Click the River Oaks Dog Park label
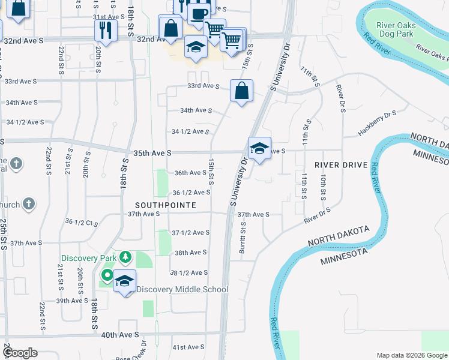[x=395, y=30]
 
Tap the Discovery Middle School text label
[x=182, y=289]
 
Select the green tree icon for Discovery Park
[x=125, y=257]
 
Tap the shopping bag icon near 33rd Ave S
[x=241, y=91]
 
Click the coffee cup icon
[x=199, y=13]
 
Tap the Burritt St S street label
[x=243, y=237]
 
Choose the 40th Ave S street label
[x=120, y=334]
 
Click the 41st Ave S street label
[x=188, y=347]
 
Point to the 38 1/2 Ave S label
[x=190, y=272]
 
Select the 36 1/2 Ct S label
[x=83, y=223]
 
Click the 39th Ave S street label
[x=72, y=301]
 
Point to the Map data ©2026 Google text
[x=412, y=355]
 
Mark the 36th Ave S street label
[x=190, y=173]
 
